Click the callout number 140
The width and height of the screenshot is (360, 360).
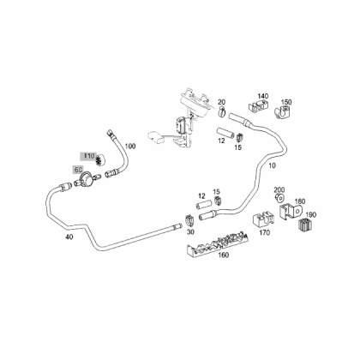click(x=263, y=96)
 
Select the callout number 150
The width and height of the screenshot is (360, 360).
click(x=286, y=102)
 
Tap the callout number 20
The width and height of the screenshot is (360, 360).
click(x=222, y=102)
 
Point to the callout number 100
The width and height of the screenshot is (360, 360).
click(x=130, y=147)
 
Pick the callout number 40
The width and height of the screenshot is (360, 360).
click(x=69, y=237)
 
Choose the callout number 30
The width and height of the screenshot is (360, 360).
click(x=190, y=232)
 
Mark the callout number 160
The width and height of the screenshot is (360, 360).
click(x=224, y=255)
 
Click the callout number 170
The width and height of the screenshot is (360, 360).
click(x=264, y=232)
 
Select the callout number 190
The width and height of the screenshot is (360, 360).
click(x=311, y=215)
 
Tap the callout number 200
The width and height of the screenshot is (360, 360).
click(x=279, y=189)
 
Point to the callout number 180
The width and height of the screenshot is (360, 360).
click(x=300, y=201)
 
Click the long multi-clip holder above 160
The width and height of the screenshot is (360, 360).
click(x=218, y=243)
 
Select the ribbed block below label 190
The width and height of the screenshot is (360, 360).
click(x=306, y=225)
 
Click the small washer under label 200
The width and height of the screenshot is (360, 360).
click(x=279, y=197)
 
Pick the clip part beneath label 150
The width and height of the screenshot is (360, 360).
click(x=282, y=111)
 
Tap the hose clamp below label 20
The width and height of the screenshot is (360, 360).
click(x=222, y=111)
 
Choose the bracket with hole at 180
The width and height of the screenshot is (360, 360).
click(x=291, y=212)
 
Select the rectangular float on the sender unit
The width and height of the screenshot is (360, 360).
click(x=155, y=137)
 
